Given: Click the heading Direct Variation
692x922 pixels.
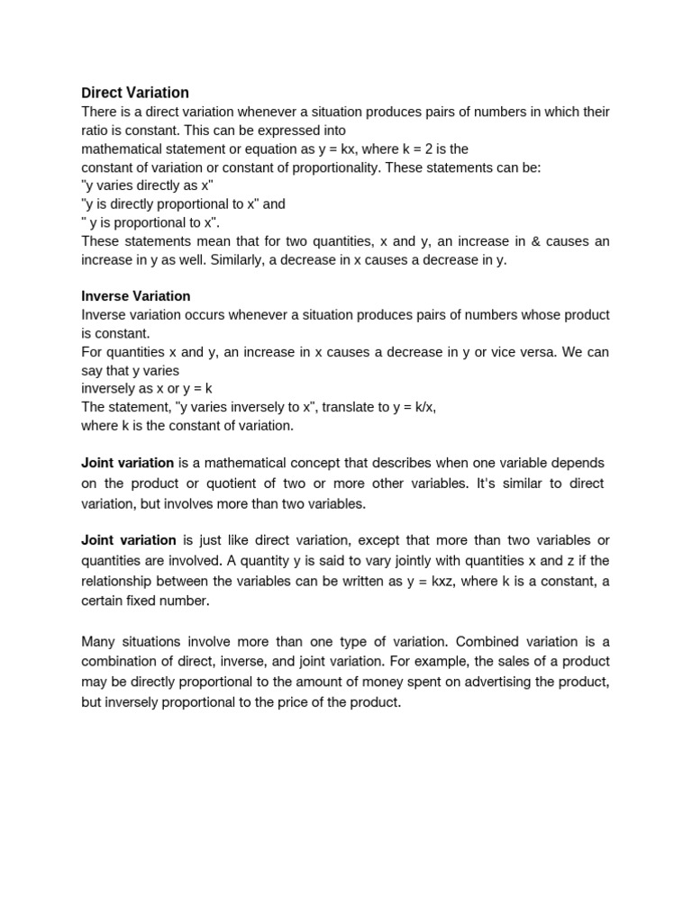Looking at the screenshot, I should pyautogui.click(x=135, y=93).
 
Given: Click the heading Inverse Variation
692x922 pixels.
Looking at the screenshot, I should pyautogui.click(x=136, y=296).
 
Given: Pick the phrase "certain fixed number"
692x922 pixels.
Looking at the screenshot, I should pyautogui.click(x=145, y=601).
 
